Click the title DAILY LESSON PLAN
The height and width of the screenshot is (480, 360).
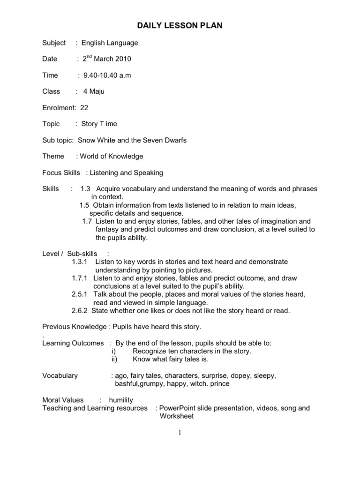(x=180, y=26)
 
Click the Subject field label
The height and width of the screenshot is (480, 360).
(x=54, y=43)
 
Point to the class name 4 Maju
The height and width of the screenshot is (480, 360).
(x=94, y=91)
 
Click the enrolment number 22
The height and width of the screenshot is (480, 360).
(x=84, y=107)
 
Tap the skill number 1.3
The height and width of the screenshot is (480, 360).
(x=85, y=189)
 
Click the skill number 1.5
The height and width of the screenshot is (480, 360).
(x=84, y=205)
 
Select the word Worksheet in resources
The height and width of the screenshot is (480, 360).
(x=176, y=416)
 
